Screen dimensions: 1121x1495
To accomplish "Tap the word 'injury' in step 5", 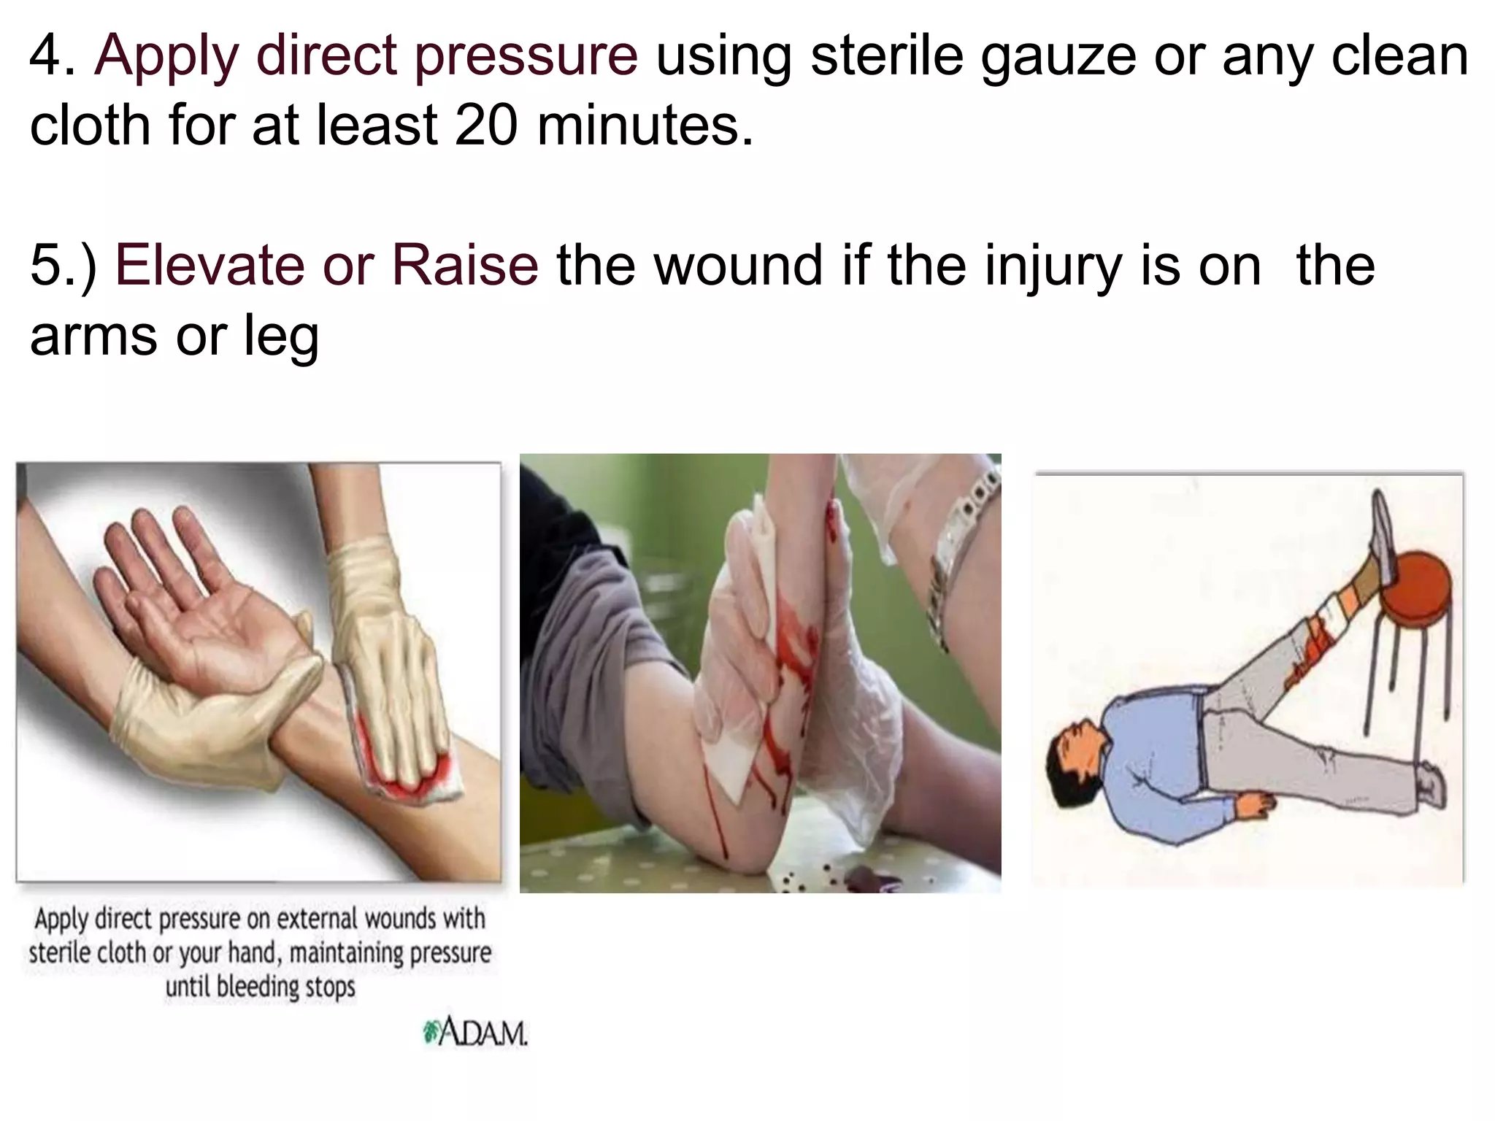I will (1053, 266).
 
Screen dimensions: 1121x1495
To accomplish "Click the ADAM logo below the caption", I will (475, 1033).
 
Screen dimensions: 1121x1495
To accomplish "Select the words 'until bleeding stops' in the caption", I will (260, 987).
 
